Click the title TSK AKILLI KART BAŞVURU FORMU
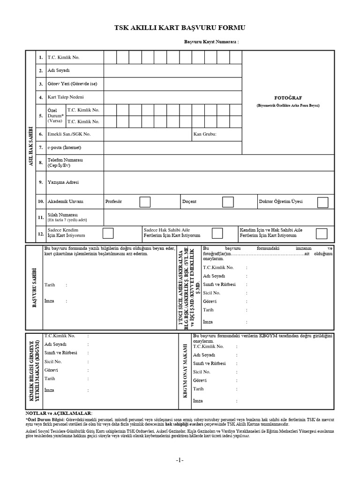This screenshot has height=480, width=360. click(x=180, y=28)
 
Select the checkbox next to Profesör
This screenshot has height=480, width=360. click(x=145, y=202)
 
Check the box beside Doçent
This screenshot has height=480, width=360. click(x=228, y=202)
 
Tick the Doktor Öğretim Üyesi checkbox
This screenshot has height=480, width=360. click(x=322, y=202)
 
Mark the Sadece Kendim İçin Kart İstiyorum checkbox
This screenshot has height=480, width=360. click(x=108, y=233)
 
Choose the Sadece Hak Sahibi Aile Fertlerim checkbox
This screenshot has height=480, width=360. click(x=217, y=233)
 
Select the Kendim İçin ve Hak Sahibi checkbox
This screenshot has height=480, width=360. click(x=322, y=233)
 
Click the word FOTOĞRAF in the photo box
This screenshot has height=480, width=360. click(x=287, y=98)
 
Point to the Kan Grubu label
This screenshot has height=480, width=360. click(x=205, y=134)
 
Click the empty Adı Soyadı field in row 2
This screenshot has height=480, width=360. click(x=172, y=70)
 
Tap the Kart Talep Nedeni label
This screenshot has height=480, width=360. click(x=66, y=97)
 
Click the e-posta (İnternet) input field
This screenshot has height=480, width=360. click(x=172, y=148)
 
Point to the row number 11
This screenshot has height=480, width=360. click(x=41, y=217)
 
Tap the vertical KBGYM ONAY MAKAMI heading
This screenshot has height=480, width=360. click(x=185, y=371)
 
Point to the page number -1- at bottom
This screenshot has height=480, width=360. click(x=180, y=460)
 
